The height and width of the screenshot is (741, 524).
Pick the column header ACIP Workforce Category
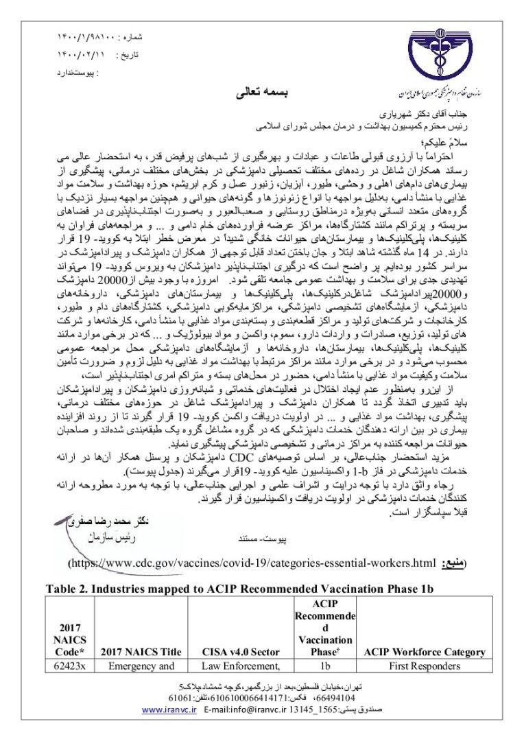pyautogui.click(x=436, y=652)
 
